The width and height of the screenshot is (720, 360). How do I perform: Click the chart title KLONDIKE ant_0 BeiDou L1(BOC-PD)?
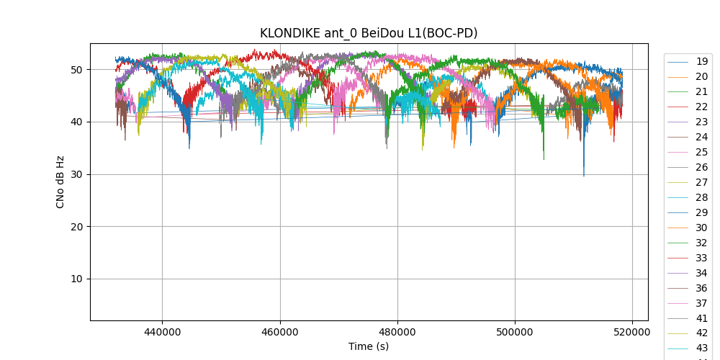click(369, 33)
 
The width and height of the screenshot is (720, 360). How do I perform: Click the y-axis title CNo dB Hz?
click(60, 182)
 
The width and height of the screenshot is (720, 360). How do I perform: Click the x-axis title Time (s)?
click(369, 346)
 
